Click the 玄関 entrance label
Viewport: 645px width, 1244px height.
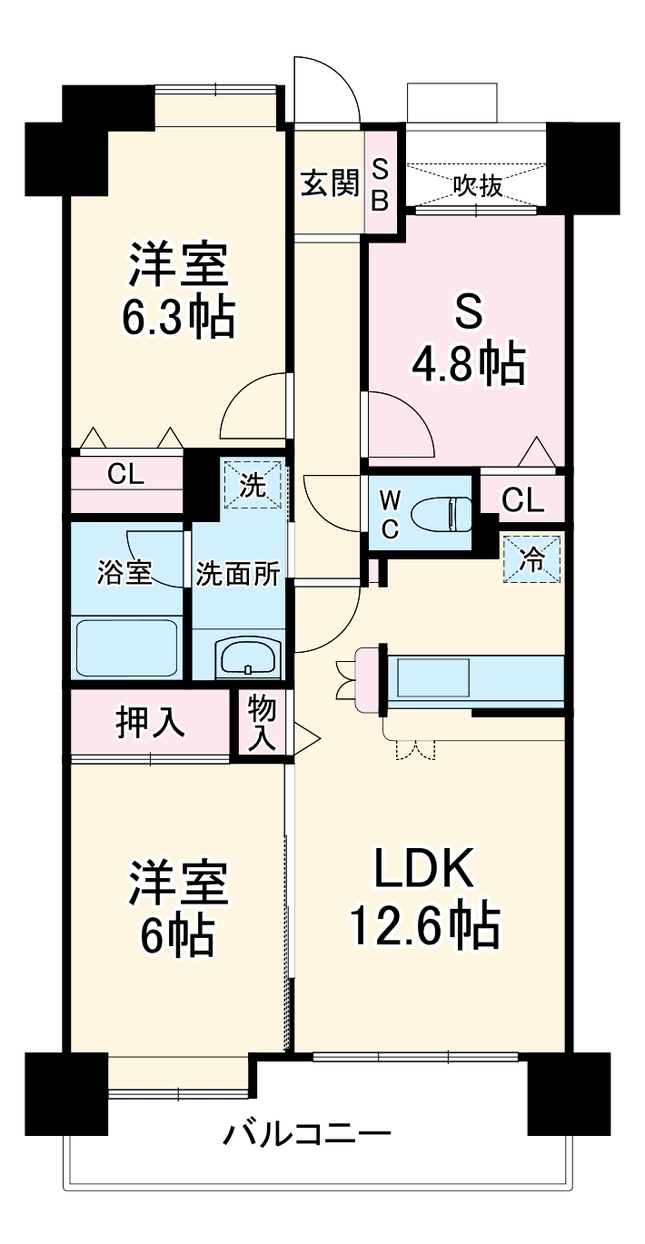coord(330,184)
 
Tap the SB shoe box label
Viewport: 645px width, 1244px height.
coord(381,184)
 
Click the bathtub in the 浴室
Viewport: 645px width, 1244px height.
coord(128,647)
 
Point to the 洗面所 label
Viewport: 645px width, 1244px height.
coord(239,576)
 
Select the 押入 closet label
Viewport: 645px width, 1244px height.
coord(150,723)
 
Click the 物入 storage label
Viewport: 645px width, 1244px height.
coord(262,723)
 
